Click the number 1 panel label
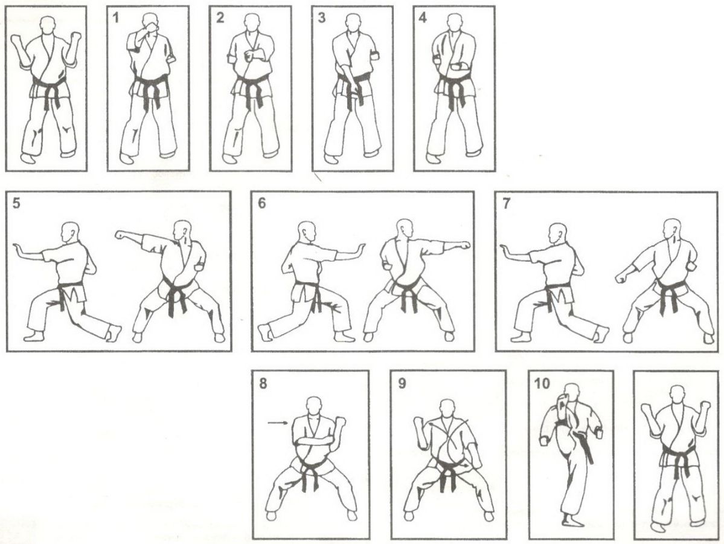(x=115, y=18)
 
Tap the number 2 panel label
(x=220, y=18)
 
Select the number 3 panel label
(x=321, y=18)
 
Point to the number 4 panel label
(x=423, y=18)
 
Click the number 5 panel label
(x=17, y=203)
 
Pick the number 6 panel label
(x=262, y=203)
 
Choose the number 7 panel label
(x=506, y=203)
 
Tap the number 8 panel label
(x=263, y=383)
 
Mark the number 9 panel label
(x=402, y=383)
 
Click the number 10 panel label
(x=542, y=383)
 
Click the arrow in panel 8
(x=278, y=422)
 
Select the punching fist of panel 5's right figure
(x=121, y=235)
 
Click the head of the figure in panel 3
(x=353, y=24)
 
